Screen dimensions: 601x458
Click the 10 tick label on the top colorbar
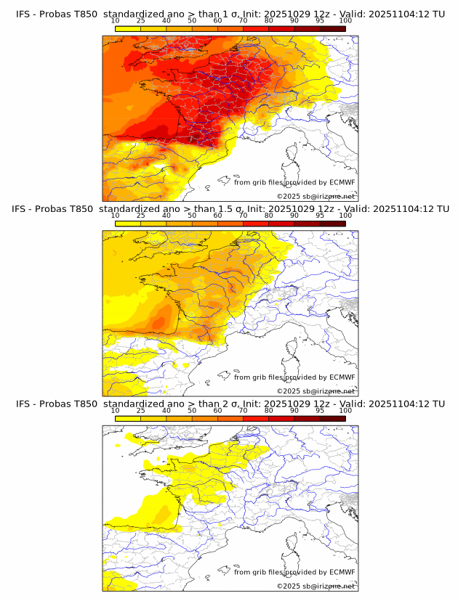(115, 20)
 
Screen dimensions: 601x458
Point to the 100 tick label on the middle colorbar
(345, 216)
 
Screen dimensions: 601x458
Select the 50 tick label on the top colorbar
(192, 20)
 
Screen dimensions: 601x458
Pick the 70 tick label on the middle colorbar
(243, 216)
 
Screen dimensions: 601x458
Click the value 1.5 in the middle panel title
(220, 209)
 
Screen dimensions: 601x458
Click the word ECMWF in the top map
(341, 182)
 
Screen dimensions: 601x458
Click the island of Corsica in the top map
(294, 153)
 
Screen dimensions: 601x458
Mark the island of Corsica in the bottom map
(294, 543)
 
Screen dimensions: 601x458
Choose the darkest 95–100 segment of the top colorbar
(332, 28)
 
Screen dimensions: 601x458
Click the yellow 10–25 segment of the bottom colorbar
(128, 419)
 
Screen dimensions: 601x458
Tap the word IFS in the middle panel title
(23, 209)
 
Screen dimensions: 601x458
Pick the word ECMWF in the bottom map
(341, 573)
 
